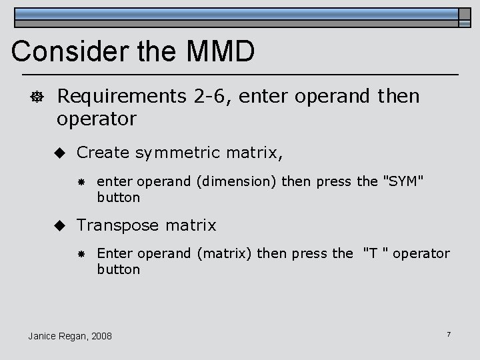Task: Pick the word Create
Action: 103,153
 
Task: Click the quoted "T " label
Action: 377,254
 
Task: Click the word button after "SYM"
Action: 119,197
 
